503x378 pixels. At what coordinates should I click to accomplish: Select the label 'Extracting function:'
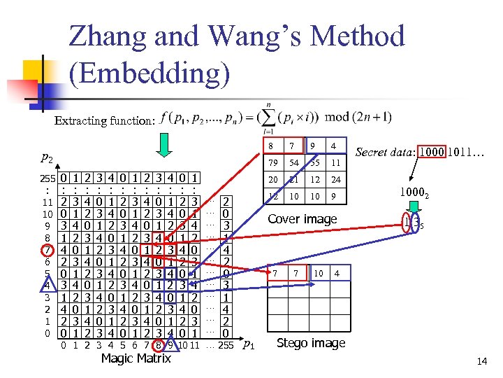pos(104,121)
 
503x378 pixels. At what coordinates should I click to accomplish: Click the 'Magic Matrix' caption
pos(135,358)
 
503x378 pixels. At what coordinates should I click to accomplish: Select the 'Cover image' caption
pos(303,219)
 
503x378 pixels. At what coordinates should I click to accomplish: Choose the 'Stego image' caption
pos(310,343)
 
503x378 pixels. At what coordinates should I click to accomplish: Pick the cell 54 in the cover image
pos(295,162)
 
